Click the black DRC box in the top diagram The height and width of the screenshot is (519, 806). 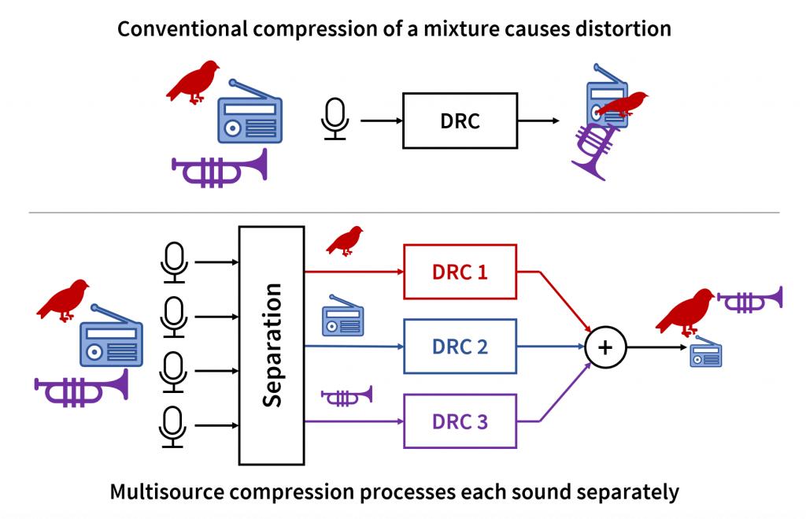pyautogui.click(x=460, y=120)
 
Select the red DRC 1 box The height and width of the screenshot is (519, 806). pyautogui.click(x=460, y=272)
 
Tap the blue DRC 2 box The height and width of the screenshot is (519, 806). pyautogui.click(x=460, y=346)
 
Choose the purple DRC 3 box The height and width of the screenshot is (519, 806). pyautogui.click(x=460, y=421)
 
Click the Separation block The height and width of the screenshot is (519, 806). pyautogui.click(x=272, y=345)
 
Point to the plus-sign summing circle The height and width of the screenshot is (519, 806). pyautogui.click(x=605, y=347)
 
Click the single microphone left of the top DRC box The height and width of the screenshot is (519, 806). pyautogui.click(x=335, y=119)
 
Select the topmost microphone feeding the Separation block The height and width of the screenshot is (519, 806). pyautogui.click(x=173, y=261)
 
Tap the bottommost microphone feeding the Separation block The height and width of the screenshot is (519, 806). pyautogui.click(x=173, y=427)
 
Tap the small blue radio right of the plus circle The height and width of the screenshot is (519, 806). pyautogui.click(x=706, y=355)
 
